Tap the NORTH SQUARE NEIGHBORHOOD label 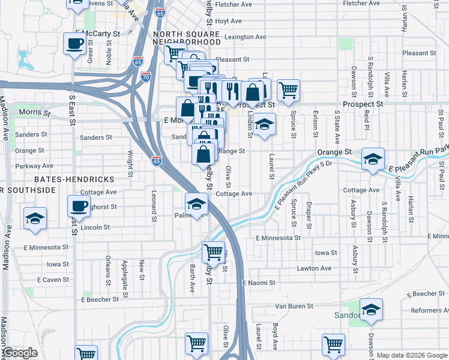(x=187, y=38)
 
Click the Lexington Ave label (x=245, y=37)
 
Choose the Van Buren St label (x=295, y=306)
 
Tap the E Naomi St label (x=259, y=282)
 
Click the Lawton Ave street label (x=314, y=268)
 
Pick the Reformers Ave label (x=429, y=310)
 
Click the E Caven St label (x=53, y=280)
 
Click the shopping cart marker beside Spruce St (x=288, y=90)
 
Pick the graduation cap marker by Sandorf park (x=372, y=310)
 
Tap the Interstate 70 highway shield (x=146, y=77)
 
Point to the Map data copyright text (x=411, y=355)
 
